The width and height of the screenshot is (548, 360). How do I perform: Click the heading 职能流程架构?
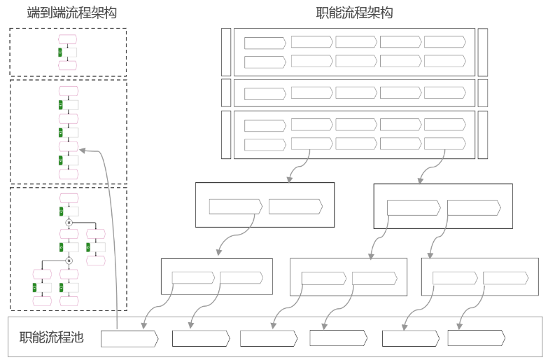point(355,13)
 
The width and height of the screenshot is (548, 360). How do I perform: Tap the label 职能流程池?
point(52,338)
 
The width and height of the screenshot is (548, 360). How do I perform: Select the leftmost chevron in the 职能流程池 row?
point(129,339)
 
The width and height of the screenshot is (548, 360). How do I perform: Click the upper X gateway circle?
point(69,222)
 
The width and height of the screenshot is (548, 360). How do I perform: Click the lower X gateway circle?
point(69,260)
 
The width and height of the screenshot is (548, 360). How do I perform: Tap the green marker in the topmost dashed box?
point(60,52)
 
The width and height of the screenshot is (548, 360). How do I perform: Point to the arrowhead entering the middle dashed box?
point(82,149)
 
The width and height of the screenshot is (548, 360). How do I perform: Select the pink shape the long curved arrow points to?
point(68,147)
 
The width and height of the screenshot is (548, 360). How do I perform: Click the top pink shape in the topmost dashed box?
point(68,39)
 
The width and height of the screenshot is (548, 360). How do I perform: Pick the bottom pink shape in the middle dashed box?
point(68,174)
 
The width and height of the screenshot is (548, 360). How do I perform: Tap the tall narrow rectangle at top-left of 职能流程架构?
point(225,53)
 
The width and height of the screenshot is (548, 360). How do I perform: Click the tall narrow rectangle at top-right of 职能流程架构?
point(483,53)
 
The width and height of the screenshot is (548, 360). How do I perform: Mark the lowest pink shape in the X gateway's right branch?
point(95,261)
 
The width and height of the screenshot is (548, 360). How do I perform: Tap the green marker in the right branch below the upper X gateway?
point(88,247)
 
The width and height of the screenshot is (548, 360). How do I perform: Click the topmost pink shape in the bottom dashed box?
point(69,198)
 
